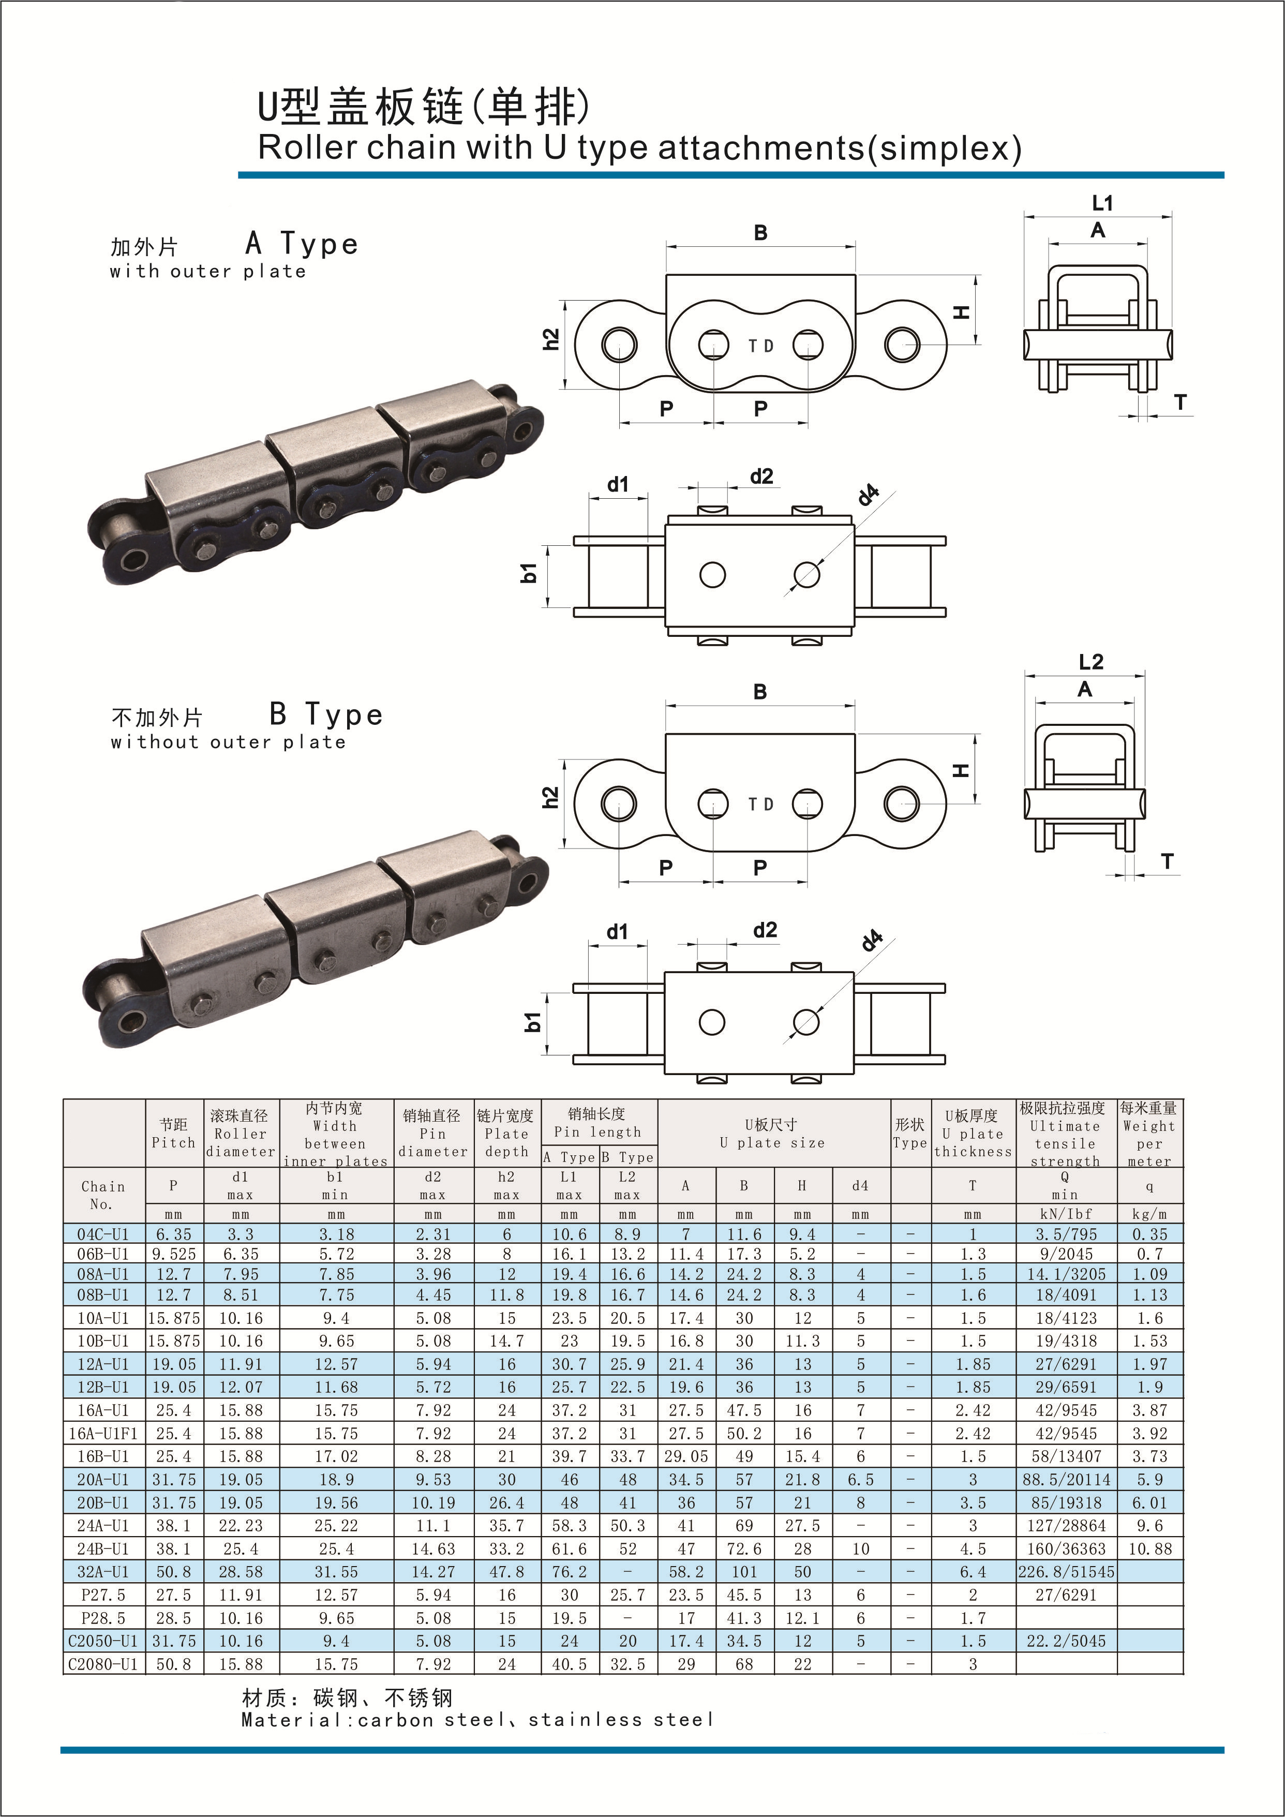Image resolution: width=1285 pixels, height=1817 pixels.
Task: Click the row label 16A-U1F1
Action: (103, 1433)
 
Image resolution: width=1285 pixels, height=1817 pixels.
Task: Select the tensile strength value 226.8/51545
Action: (1066, 1572)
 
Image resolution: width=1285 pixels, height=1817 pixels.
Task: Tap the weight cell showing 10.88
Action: (1149, 1548)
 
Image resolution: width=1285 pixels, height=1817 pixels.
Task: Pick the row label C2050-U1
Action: (103, 1641)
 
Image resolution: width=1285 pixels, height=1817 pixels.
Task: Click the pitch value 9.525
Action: (173, 1254)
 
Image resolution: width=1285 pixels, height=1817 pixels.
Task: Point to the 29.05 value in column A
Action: (686, 1456)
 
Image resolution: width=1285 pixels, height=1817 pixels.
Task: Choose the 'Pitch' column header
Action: (173, 1133)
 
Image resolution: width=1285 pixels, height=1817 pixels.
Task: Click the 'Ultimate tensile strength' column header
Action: (1065, 1133)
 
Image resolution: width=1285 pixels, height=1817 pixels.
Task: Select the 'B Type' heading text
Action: (326, 714)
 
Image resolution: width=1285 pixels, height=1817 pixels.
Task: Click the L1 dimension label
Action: (1102, 203)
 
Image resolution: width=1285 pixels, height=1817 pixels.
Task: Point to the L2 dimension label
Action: (1090, 662)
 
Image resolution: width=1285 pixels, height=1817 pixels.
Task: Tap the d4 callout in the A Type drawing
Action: (869, 495)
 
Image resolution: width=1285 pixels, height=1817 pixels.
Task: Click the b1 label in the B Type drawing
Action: (532, 1022)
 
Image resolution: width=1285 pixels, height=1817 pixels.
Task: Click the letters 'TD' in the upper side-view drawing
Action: (760, 346)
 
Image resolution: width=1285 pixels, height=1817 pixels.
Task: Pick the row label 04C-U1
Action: (103, 1234)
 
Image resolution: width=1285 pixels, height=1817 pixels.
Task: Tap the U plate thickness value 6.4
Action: (973, 1572)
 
